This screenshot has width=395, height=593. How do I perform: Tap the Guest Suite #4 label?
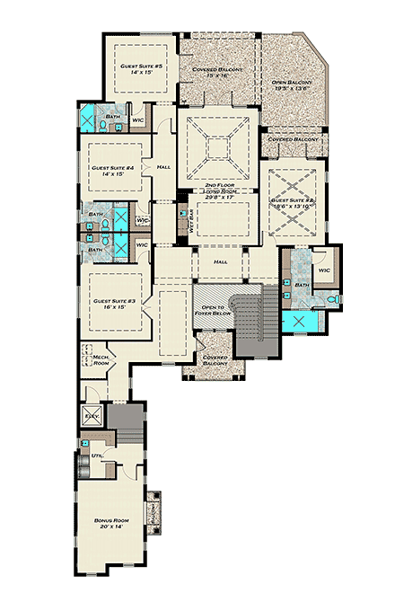112,172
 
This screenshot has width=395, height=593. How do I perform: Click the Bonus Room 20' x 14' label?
107,523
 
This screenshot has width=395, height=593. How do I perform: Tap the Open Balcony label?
292,85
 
